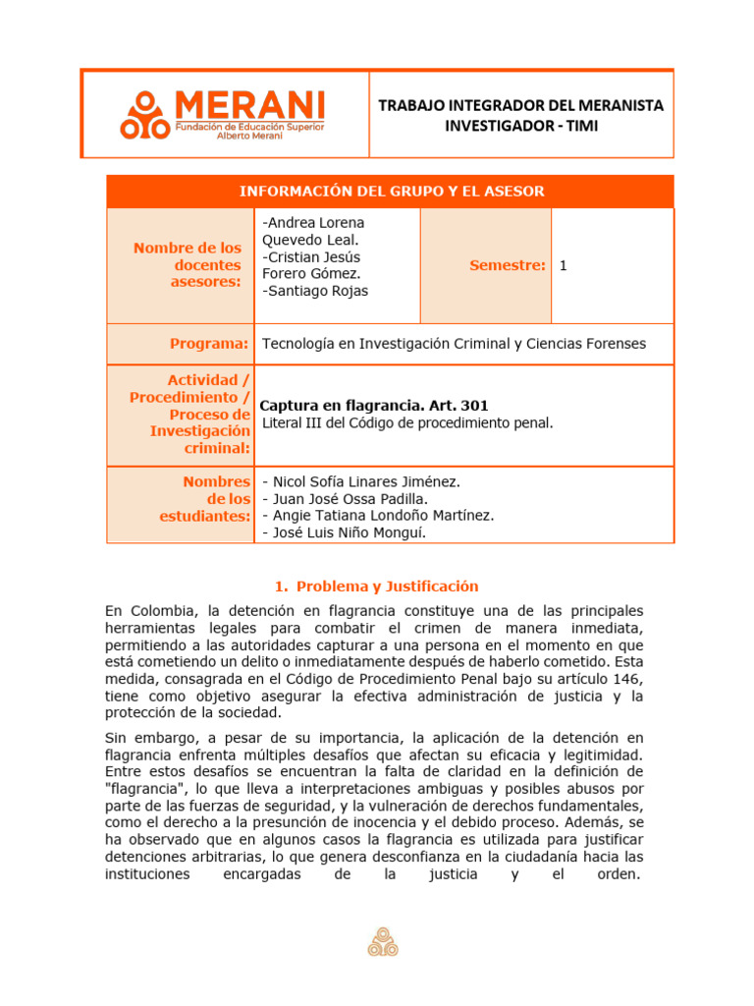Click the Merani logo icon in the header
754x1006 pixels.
pos(144,115)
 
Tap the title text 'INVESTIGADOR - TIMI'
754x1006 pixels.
pos(520,125)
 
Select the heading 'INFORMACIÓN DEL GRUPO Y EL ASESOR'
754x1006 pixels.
pos(391,191)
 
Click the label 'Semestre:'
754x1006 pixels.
pos(507,265)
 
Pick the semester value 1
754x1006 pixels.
pos(564,265)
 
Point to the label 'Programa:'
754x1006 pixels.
pos(209,344)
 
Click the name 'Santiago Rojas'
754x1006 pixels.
pos(317,291)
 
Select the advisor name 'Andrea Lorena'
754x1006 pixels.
pos(314,223)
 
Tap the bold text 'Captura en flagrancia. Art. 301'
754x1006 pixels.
pos(373,406)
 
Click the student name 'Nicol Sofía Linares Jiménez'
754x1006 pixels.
pos(365,481)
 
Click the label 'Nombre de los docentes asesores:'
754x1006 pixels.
pos(188,265)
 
